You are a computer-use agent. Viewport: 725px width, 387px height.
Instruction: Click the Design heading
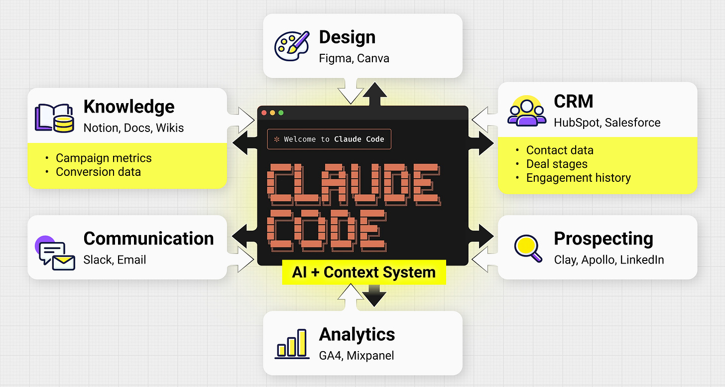[347, 37]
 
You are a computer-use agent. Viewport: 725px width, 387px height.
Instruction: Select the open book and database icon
[54, 118]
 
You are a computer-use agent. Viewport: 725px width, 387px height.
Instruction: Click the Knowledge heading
[129, 107]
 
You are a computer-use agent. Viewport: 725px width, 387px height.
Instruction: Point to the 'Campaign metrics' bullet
[104, 158]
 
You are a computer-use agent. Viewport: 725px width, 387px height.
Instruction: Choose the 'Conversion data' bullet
[98, 172]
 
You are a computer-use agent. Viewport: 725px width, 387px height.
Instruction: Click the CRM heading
[574, 102]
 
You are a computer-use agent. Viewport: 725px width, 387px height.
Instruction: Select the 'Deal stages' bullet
[557, 164]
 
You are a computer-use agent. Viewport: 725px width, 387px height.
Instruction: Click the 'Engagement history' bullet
[578, 178]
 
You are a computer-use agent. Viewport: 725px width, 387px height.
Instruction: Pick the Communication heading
[148, 239]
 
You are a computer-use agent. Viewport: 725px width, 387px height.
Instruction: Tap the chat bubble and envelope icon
[54, 253]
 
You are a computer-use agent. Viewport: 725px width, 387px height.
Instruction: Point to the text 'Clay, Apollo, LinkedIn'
[608, 259]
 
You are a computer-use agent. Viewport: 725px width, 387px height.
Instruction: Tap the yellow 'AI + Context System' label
[364, 272]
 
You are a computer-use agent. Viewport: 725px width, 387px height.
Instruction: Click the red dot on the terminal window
[264, 113]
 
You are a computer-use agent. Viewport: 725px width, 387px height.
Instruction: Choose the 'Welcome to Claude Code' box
[329, 139]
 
